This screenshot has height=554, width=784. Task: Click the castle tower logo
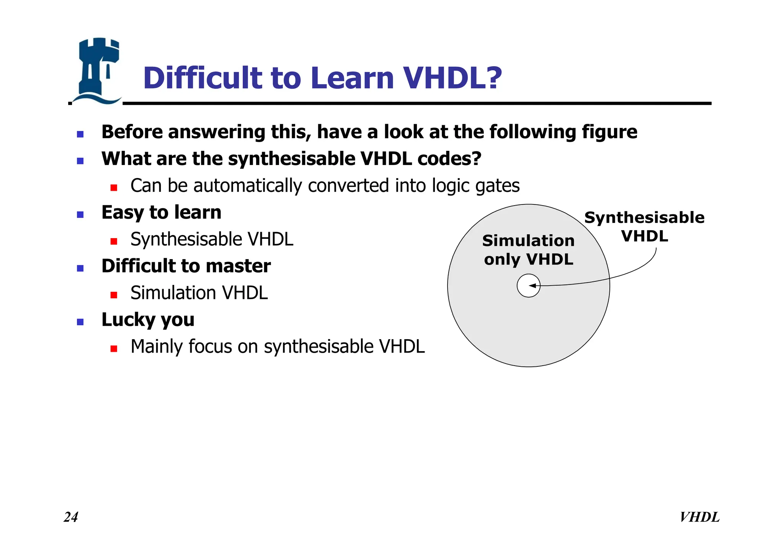point(96,71)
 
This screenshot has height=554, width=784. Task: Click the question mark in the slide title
point(494,78)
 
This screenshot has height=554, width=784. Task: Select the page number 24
point(71,517)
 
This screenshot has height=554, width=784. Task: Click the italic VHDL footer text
point(699,517)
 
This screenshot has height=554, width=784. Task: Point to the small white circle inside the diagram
point(528,286)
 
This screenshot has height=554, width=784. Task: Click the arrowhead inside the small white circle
point(532,286)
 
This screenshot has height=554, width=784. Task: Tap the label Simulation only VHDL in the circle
point(528,250)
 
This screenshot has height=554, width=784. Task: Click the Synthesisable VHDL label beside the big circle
point(644,227)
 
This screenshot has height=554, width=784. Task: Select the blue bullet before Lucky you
point(80,322)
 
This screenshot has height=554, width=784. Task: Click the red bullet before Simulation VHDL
point(114,295)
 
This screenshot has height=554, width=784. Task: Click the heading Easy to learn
point(161,212)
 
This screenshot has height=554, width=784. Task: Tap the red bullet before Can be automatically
point(114,188)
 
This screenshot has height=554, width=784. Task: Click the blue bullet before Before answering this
point(80,134)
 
